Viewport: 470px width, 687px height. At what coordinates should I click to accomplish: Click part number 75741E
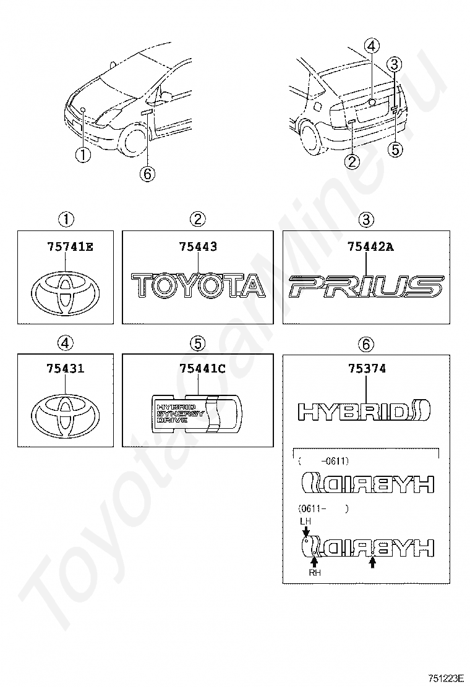pyautogui.click(x=70, y=247)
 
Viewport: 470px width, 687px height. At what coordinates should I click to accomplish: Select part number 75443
pyautogui.click(x=197, y=247)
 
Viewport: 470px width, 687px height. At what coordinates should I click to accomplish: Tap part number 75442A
pyautogui.click(x=370, y=247)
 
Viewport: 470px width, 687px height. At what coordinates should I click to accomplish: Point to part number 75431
pyautogui.click(x=66, y=369)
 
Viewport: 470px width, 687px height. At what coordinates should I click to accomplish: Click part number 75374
pyautogui.click(x=367, y=369)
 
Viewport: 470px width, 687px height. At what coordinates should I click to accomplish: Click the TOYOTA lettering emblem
pyautogui.click(x=197, y=287)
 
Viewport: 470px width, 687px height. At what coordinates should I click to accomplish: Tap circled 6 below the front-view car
pyautogui.click(x=147, y=174)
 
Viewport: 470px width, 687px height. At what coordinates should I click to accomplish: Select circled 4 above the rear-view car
pyautogui.click(x=372, y=45)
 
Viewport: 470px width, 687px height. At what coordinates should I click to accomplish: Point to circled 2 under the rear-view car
pyautogui.click(x=351, y=162)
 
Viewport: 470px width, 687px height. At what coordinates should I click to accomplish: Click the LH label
pyautogui.click(x=305, y=521)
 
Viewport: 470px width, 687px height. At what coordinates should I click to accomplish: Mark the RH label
pyautogui.click(x=315, y=573)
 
